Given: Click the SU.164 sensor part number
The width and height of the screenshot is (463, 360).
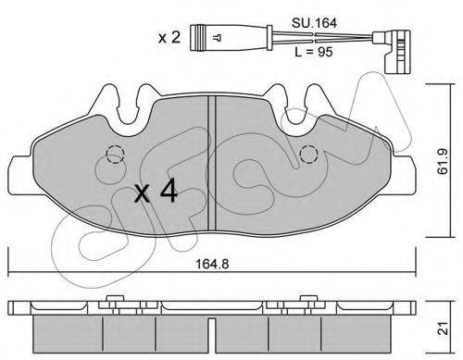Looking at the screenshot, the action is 314,23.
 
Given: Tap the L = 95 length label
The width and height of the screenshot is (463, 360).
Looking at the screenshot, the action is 314,52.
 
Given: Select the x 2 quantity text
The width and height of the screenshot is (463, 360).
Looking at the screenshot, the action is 169,38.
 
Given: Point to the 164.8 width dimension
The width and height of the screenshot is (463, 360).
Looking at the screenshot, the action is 212,264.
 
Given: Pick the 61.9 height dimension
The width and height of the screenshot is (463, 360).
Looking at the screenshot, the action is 444,160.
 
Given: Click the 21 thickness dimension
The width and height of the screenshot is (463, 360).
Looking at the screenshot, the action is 444,329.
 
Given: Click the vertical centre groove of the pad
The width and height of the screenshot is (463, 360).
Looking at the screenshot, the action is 212,163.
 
